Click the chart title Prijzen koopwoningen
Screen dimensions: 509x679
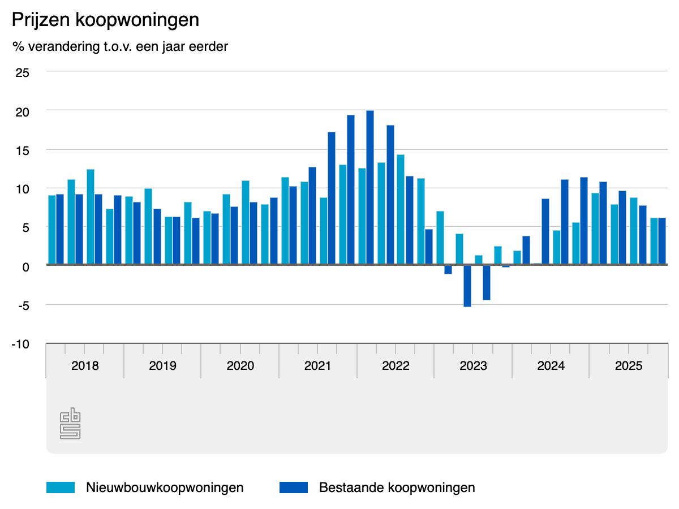[x=106, y=20]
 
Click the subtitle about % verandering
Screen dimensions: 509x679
[x=120, y=46]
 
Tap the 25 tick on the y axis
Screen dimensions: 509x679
[x=22, y=72]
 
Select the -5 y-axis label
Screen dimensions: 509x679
[x=23, y=305]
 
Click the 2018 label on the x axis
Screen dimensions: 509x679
[x=85, y=365]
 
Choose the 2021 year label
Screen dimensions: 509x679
[x=318, y=365]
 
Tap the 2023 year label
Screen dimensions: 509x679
[x=473, y=365]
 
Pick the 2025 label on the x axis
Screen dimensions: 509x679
[x=629, y=365]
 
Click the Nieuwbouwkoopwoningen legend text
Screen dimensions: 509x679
[x=165, y=487]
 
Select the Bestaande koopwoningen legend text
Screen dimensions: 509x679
[x=397, y=487]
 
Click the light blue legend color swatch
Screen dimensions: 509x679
[x=61, y=487]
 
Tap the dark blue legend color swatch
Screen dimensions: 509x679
[x=294, y=487]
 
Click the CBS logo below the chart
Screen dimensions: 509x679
[x=70, y=425]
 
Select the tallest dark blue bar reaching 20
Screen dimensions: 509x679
[x=370, y=187]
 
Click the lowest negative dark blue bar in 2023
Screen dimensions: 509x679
[x=467, y=286]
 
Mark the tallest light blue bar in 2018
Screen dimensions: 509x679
[x=91, y=217]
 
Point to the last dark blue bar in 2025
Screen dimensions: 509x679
[x=661, y=241]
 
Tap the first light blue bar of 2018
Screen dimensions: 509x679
[x=52, y=230]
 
